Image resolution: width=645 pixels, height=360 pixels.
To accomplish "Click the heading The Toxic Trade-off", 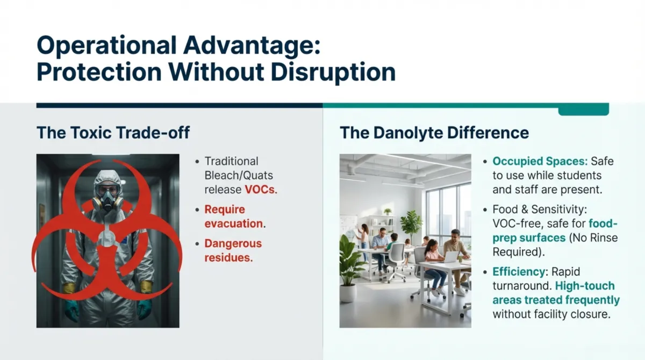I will click(113, 133).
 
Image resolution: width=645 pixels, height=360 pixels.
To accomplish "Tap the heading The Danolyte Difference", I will click(434, 133).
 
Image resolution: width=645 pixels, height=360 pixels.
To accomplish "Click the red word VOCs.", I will click(261, 189).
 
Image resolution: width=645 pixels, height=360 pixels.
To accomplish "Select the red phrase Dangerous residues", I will click(233, 250).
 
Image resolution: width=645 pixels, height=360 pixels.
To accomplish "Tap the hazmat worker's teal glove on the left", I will click(72, 310).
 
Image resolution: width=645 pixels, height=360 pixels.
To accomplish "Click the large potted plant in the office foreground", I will click(350, 269).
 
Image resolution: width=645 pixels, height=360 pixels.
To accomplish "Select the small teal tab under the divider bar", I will click(583, 111).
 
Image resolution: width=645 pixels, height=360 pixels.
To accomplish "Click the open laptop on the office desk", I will click(450, 257).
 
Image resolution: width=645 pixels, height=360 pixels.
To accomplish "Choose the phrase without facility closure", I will click(551, 314).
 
